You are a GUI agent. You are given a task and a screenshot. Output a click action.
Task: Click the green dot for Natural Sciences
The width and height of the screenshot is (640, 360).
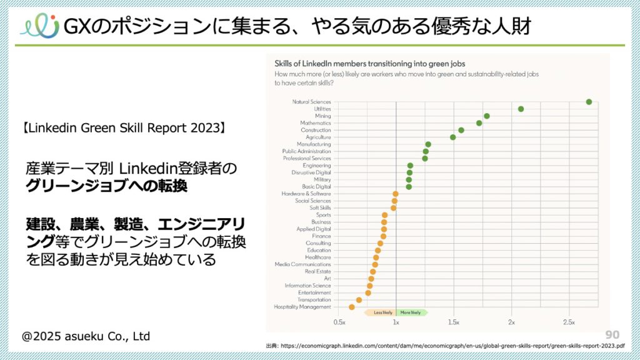[x=589, y=102]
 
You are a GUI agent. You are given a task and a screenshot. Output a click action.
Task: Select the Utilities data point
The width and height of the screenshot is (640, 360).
[x=521, y=109]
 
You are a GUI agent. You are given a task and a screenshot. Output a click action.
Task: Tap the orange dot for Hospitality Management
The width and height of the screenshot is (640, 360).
[x=351, y=307]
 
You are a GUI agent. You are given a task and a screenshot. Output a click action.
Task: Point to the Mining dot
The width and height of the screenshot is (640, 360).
[x=486, y=116]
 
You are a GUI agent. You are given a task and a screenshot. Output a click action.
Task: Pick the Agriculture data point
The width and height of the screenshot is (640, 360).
[x=453, y=137]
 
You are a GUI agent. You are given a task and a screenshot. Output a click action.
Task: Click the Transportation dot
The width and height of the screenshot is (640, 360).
[x=359, y=300]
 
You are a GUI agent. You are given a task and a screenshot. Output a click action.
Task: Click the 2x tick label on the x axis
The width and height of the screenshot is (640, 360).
[x=511, y=322]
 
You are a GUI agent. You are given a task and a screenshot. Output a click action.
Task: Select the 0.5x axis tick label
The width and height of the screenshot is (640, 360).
[x=339, y=322]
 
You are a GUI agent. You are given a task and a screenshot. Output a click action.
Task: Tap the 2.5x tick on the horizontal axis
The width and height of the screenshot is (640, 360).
[x=569, y=322]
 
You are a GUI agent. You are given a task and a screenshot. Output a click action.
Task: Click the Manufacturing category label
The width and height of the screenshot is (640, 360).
[x=314, y=144]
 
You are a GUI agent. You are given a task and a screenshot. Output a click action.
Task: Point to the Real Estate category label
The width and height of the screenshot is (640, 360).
[x=318, y=272]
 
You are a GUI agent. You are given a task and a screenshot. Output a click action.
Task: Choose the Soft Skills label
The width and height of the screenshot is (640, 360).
[x=320, y=208]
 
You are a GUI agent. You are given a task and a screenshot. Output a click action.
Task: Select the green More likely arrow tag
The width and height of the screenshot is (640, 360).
[x=412, y=312]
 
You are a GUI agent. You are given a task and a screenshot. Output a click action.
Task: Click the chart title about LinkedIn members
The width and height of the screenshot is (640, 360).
[x=369, y=63]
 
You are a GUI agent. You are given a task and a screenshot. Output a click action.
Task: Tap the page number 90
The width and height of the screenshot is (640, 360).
[x=612, y=334]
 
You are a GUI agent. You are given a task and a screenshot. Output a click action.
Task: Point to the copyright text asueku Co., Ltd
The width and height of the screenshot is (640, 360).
[x=86, y=336]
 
